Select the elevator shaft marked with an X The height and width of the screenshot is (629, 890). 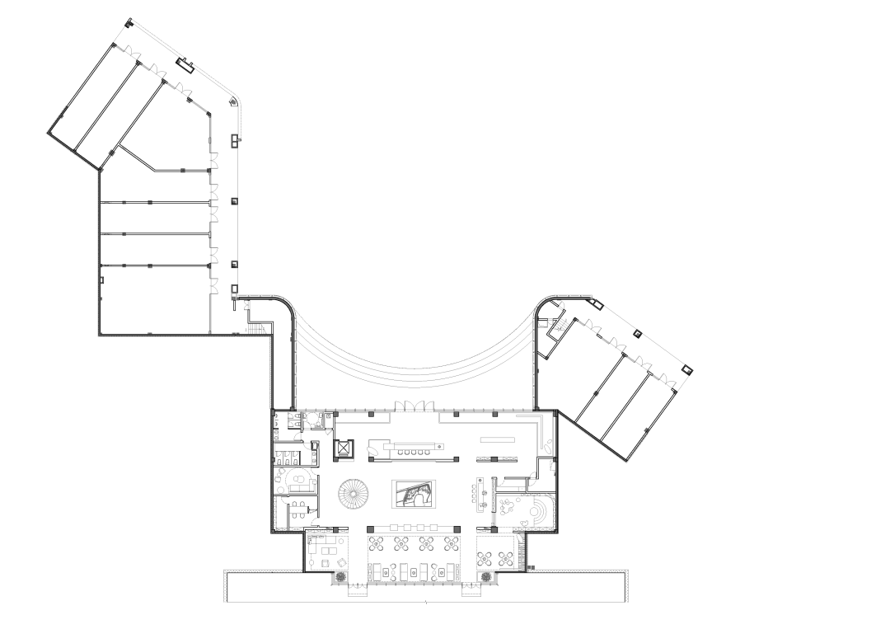click(x=342, y=449)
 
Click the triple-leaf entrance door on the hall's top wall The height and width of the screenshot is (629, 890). click(x=410, y=405)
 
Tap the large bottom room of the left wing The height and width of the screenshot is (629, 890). click(x=154, y=299)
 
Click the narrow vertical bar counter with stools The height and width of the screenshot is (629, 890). click(x=480, y=492)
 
